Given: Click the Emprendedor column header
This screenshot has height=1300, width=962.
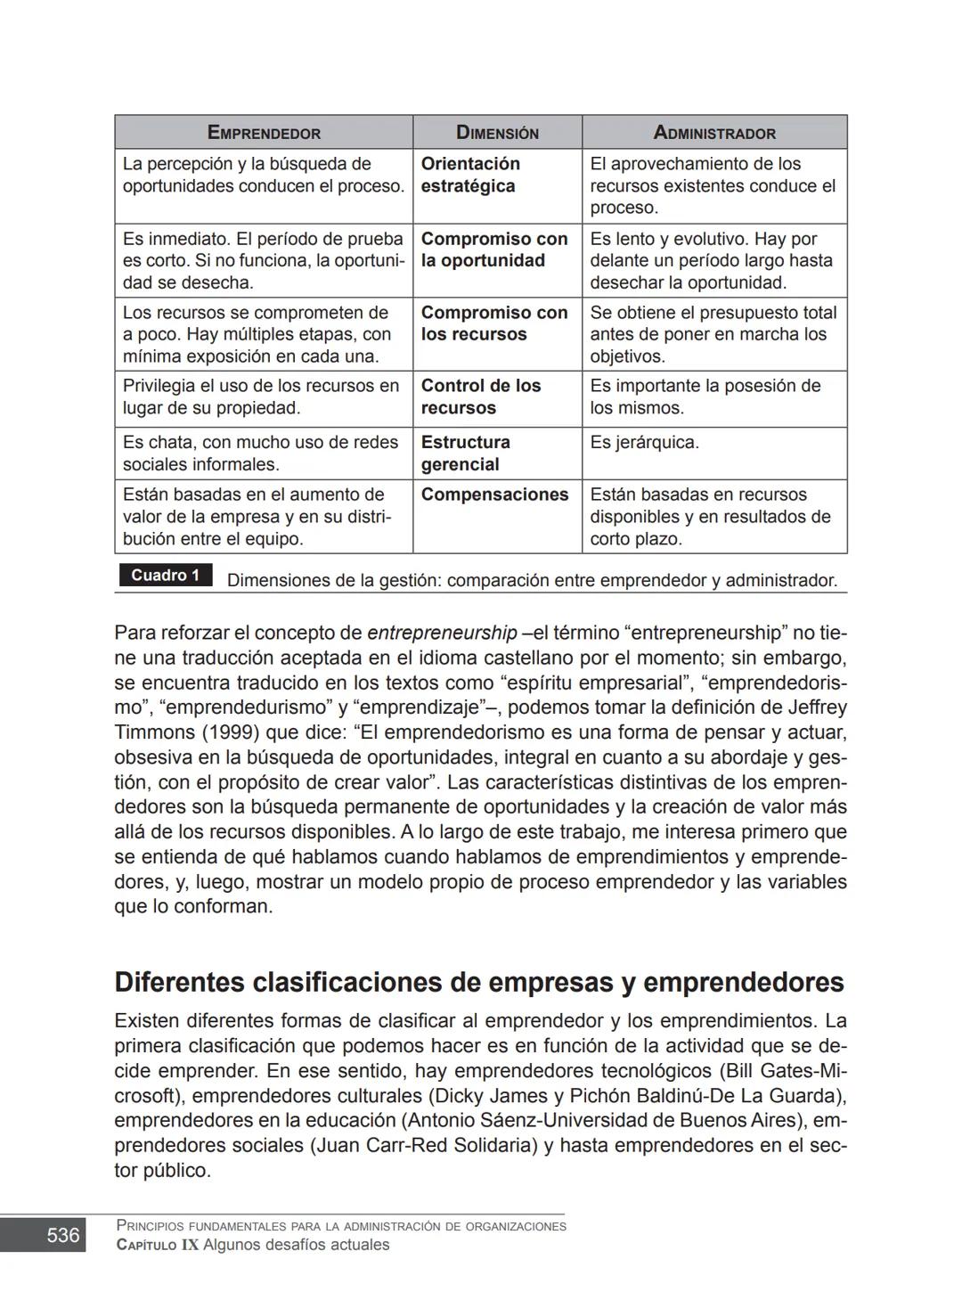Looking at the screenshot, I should [x=264, y=133].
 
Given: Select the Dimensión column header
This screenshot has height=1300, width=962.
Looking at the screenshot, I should [x=497, y=133].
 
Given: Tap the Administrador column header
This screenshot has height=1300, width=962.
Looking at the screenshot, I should [x=714, y=133].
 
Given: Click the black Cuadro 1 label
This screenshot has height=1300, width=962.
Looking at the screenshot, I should [x=165, y=576].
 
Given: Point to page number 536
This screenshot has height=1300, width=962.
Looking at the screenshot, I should [x=62, y=1235].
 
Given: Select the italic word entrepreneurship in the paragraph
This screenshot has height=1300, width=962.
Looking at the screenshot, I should [x=442, y=634].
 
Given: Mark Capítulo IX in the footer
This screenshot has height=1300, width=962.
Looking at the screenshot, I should [x=158, y=1245].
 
